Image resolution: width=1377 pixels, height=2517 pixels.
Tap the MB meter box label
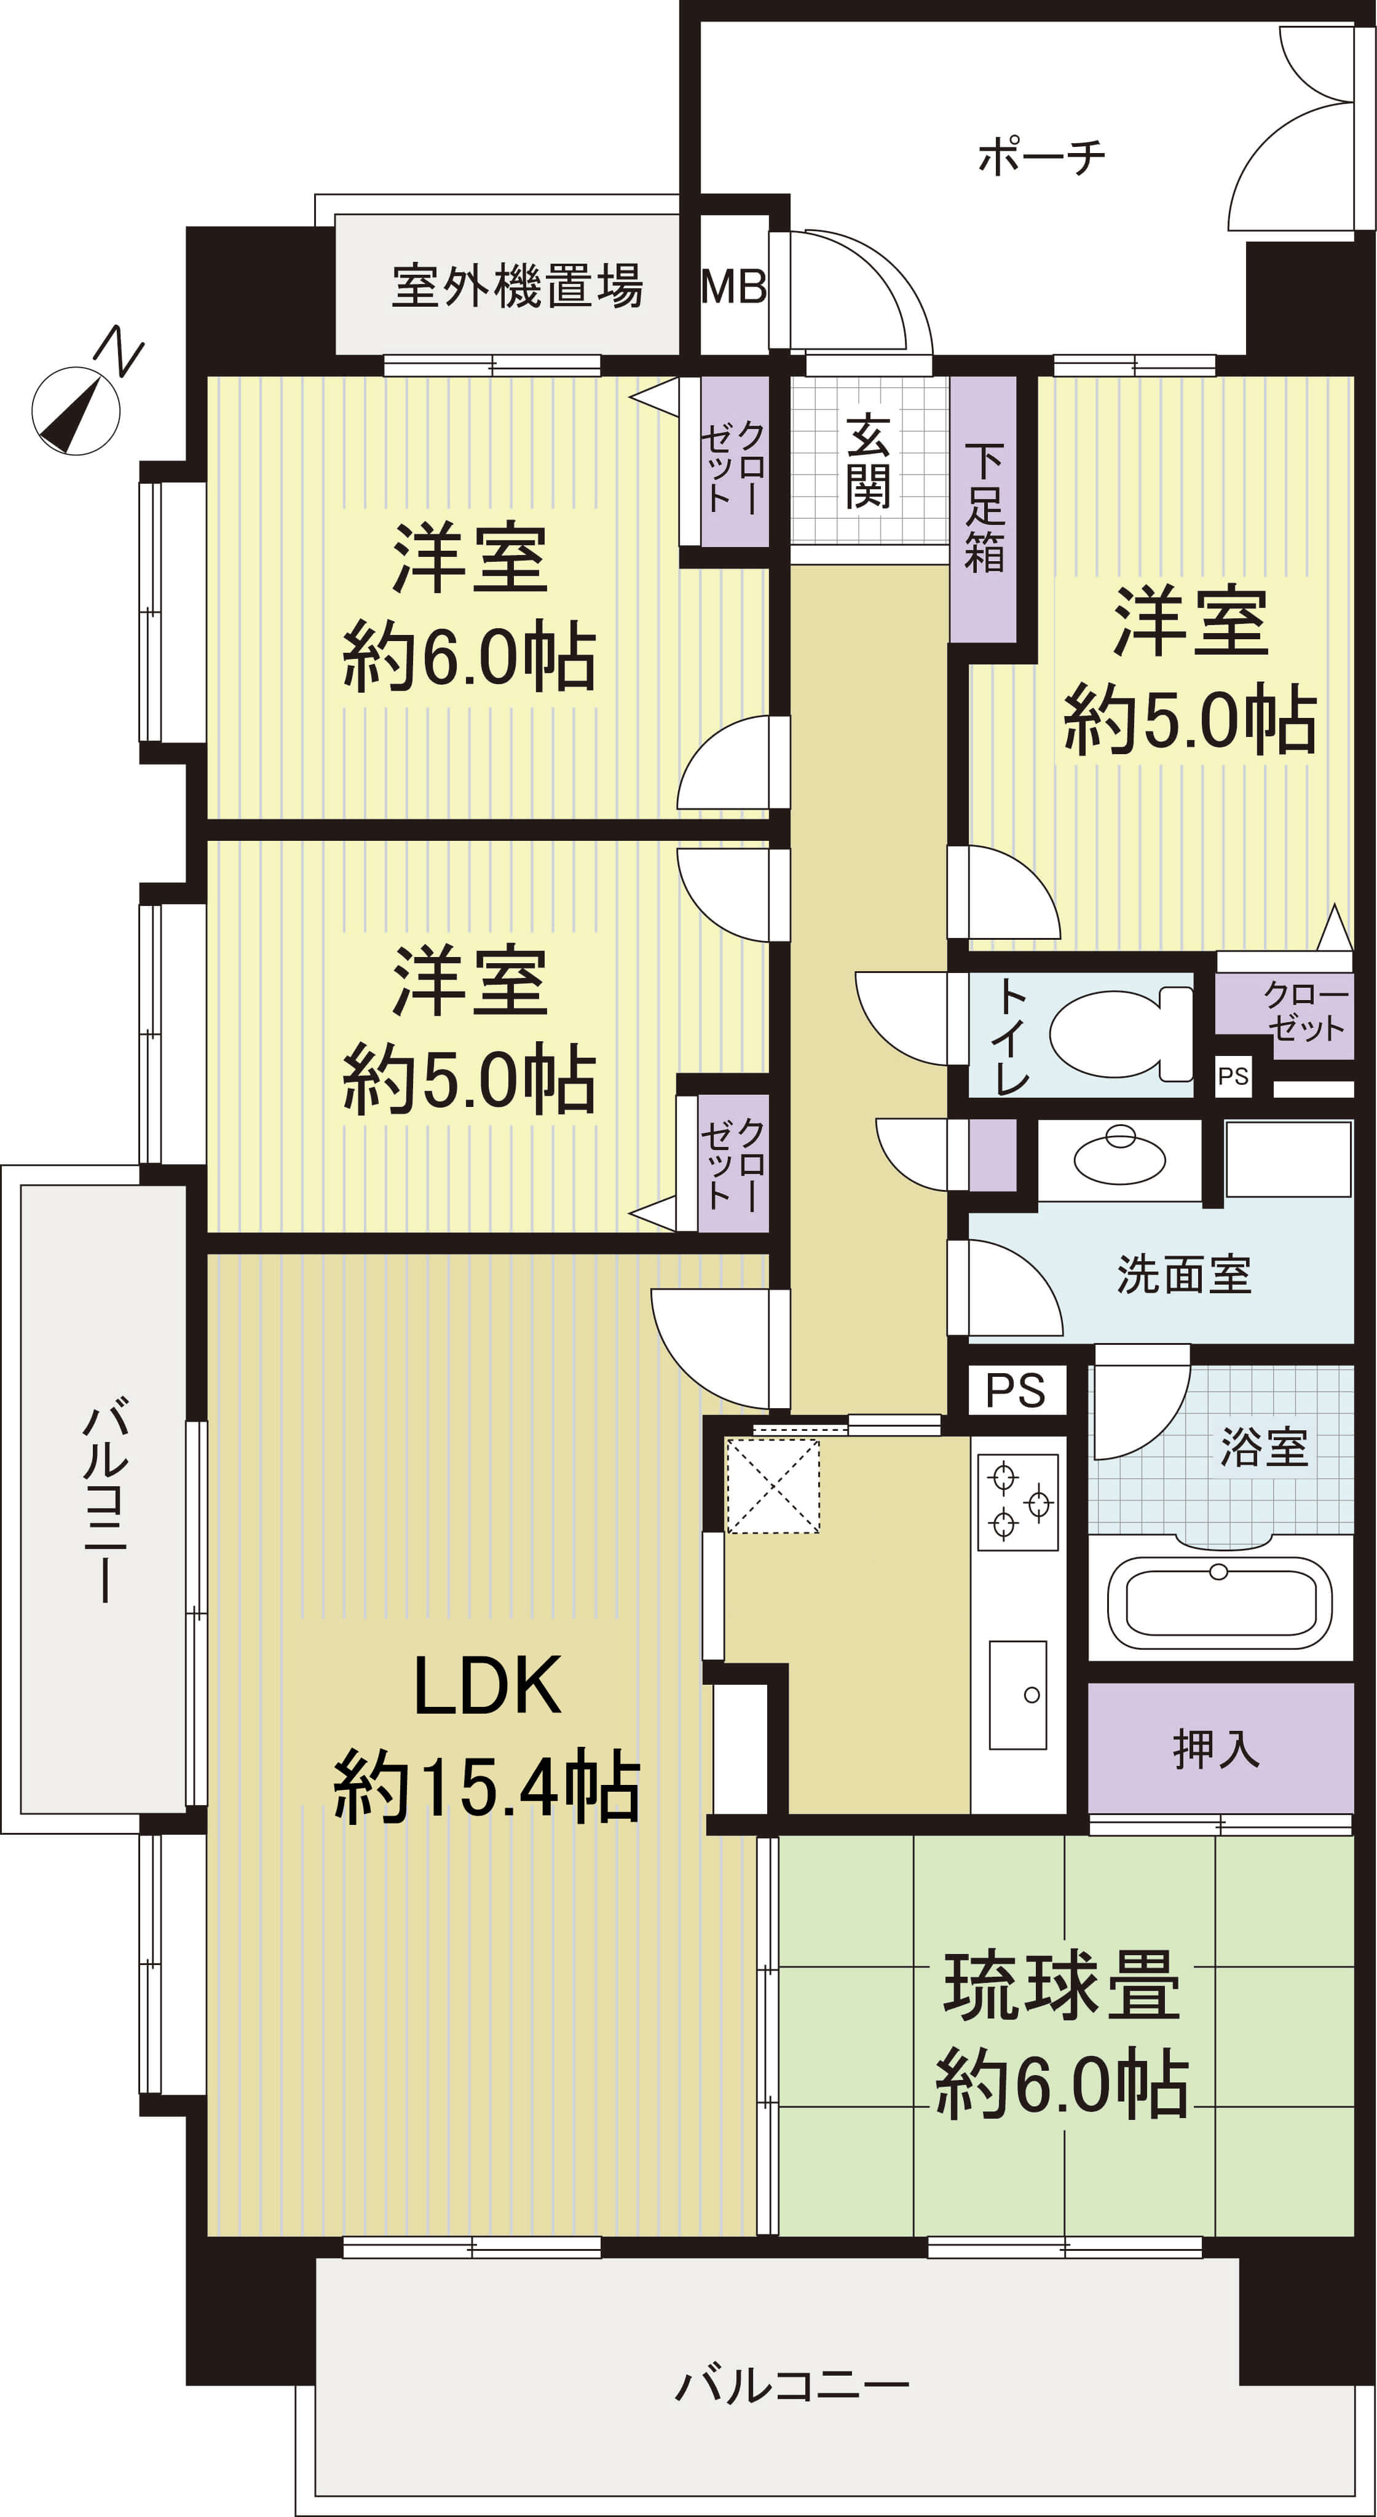pyautogui.click(x=734, y=286)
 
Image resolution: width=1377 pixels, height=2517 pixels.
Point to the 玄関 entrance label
pyautogui.click(x=868, y=461)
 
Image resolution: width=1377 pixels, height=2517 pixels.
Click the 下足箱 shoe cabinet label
pyautogui.click(x=984, y=508)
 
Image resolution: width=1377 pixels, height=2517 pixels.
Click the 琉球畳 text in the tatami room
pyautogui.click(x=1062, y=1985)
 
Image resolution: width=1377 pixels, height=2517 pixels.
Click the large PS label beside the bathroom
pyautogui.click(x=1016, y=1390)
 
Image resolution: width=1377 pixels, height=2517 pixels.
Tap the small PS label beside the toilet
pyautogui.click(x=1233, y=1076)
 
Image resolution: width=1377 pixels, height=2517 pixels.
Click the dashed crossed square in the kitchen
pyautogui.click(x=772, y=1485)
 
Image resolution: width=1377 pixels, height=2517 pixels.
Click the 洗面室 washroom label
pyautogui.click(x=1185, y=1275)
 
